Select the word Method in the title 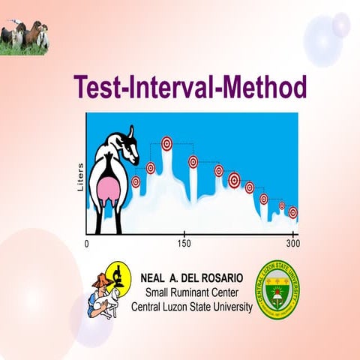[264, 87]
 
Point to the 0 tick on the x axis [87, 244]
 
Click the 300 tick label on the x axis [293, 244]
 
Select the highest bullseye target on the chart [166, 142]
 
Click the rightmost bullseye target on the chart [292, 212]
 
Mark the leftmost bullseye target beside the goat [136, 181]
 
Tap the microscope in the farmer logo [118, 276]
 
